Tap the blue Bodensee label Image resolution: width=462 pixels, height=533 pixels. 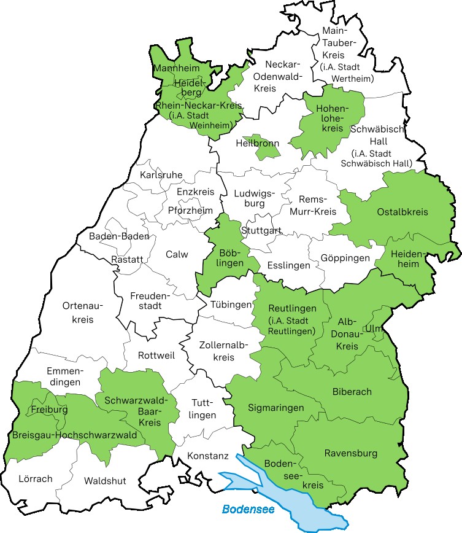248,509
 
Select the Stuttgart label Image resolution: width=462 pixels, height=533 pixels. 261,231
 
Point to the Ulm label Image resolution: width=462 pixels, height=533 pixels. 372,329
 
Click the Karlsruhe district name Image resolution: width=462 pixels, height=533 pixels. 161,175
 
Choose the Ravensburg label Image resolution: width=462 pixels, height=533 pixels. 350,454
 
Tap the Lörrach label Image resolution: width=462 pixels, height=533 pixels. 36,478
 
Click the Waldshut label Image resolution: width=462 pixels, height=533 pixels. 105,480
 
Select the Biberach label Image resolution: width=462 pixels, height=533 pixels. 352,392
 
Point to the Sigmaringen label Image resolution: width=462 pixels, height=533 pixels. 276,408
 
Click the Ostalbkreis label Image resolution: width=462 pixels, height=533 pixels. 402,212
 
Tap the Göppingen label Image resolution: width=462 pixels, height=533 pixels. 345,258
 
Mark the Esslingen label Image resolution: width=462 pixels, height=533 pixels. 288,266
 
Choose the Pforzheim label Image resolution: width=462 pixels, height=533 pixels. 190,210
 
